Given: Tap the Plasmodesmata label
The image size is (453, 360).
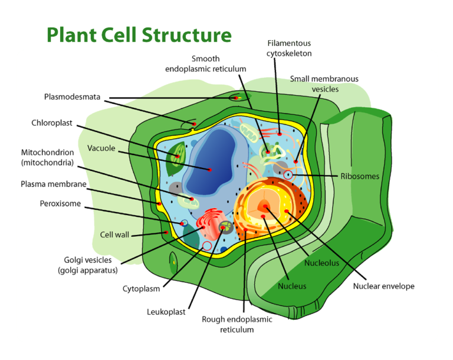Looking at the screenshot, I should pos(72,97).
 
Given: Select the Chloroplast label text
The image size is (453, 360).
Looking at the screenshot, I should pos(52,123).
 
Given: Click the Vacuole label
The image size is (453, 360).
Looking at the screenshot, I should pos(101,148).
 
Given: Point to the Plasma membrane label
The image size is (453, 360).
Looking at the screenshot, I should pos(54,184).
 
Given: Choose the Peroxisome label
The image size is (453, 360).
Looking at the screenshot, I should pos(60,204).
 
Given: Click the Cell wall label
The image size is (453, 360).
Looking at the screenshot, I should pos(114,235).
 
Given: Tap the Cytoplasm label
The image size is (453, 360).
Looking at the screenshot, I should pos(141,289).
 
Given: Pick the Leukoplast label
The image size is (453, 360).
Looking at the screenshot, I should pos(163,311).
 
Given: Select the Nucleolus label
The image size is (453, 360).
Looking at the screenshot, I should pos(321,263).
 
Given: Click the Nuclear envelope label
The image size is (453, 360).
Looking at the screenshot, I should pos(383,286).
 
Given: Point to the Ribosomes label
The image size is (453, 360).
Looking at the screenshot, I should pos(359,176).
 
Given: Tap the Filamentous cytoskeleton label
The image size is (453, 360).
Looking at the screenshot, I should pos(289,48).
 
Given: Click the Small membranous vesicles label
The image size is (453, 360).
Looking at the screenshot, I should pos(324,84).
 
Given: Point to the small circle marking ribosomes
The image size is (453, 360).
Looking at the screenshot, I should pos(288,175).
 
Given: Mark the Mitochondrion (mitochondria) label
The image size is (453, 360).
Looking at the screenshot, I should pos(47,157).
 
